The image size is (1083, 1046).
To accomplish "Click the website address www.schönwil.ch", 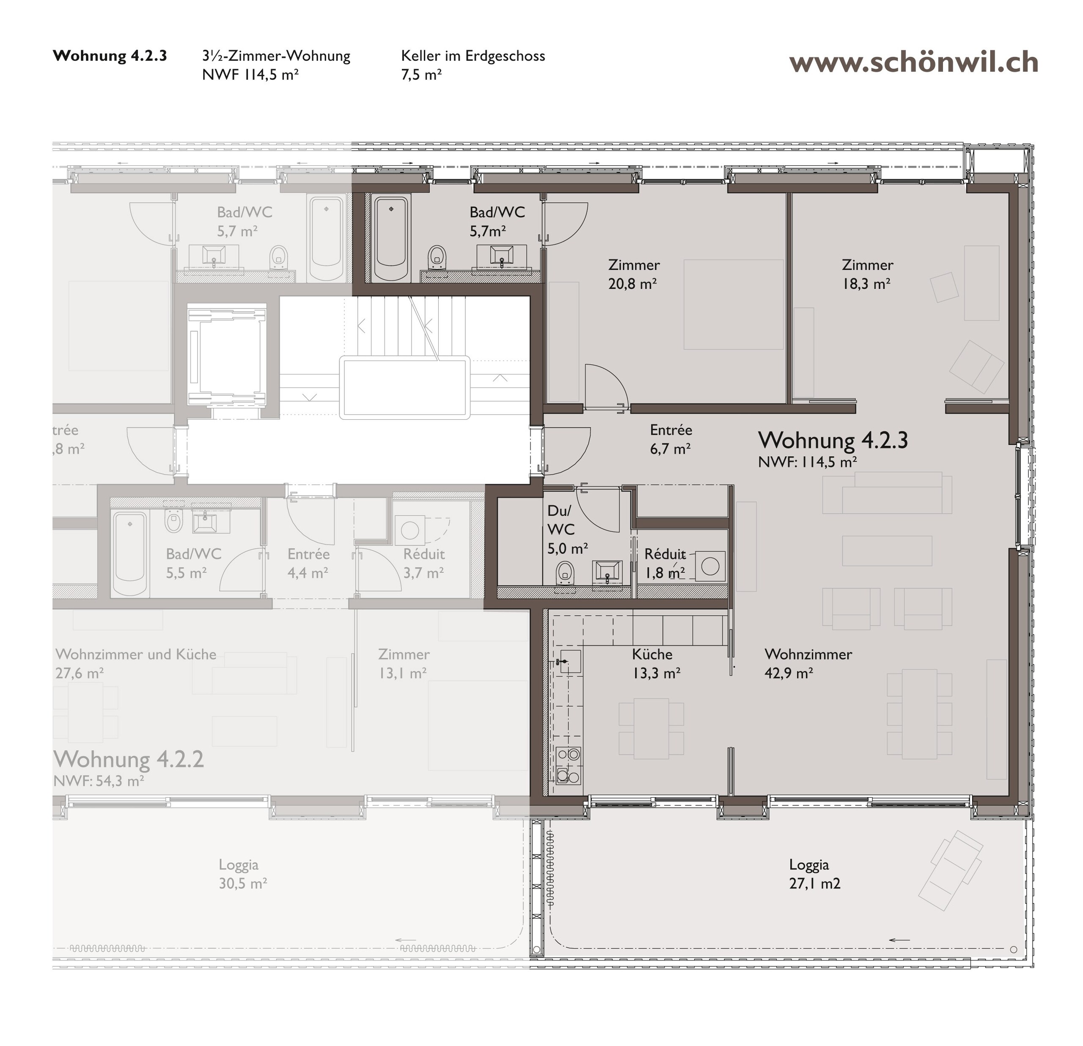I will pyautogui.click(x=913, y=63).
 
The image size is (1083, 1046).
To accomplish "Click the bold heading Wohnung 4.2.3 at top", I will pyautogui.click(x=110, y=56).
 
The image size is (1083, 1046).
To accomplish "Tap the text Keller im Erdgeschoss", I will pyautogui.click(x=473, y=56).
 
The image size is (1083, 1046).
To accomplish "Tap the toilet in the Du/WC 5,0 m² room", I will pyautogui.click(x=564, y=573).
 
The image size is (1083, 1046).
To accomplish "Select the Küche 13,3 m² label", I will pyautogui.click(x=655, y=663).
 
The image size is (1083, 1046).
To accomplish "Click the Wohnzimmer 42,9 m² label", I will pyautogui.click(x=808, y=663).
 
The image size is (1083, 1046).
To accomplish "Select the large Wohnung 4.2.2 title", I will pyautogui.click(x=129, y=759).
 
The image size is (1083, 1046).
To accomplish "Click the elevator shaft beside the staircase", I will pyautogui.click(x=227, y=354).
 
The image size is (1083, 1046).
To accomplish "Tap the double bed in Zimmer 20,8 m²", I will pyautogui.click(x=733, y=305).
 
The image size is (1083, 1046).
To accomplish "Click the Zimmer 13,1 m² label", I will pyautogui.click(x=403, y=663).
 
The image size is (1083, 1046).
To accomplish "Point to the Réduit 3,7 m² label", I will pyautogui.click(x=423, y=563).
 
